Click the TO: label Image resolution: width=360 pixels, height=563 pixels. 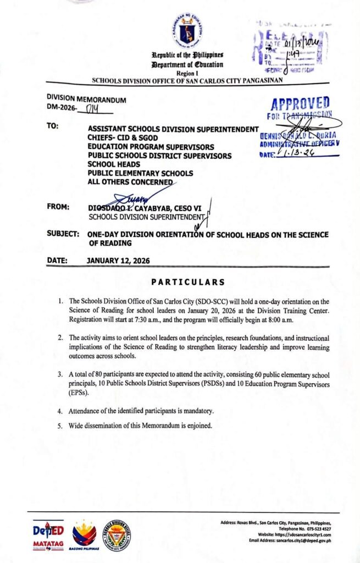click(54, 126)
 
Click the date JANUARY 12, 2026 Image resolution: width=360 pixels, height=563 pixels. click(119, 262)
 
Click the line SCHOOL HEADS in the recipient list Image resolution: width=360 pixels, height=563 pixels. click(113, 164)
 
